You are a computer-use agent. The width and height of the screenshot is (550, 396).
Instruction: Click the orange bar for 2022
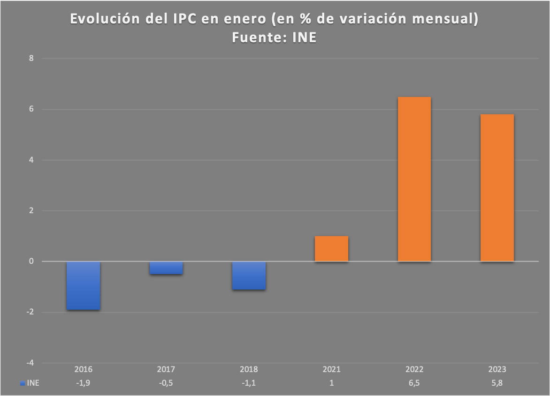point(414,179)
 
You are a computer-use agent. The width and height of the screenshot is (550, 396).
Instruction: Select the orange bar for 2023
point(497,187)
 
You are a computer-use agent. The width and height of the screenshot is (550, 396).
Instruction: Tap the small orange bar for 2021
point(331,248)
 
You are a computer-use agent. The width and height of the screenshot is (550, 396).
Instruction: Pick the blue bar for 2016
point(83,285)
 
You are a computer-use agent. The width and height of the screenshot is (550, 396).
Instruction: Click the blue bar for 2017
point(166,268)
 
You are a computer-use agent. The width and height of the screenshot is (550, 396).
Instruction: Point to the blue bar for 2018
point(249,276)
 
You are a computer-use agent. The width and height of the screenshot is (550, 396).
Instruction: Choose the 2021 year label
point(331,369)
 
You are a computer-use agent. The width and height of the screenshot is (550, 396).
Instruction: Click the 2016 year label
point(83,369)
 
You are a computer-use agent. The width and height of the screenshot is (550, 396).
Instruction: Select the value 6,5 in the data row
point(414,383)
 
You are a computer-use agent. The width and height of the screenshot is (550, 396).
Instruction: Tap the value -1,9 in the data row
point(83,383)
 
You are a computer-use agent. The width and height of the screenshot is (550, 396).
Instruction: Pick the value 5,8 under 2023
point(497,383)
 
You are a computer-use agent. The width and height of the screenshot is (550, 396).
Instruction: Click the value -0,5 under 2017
point(166,383)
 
